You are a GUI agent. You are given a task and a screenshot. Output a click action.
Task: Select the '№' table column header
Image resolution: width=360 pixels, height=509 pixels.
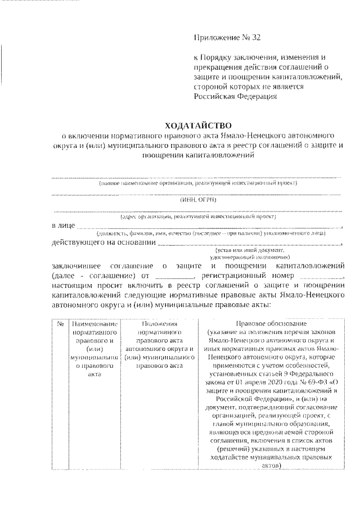(60, 324)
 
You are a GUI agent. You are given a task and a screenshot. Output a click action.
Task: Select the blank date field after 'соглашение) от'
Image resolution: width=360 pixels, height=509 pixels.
(173, 277)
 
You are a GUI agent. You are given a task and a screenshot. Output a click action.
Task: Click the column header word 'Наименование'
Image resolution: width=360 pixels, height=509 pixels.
(95, 324)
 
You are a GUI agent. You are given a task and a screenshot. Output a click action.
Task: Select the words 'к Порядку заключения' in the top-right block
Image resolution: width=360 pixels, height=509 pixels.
(234, 57)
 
